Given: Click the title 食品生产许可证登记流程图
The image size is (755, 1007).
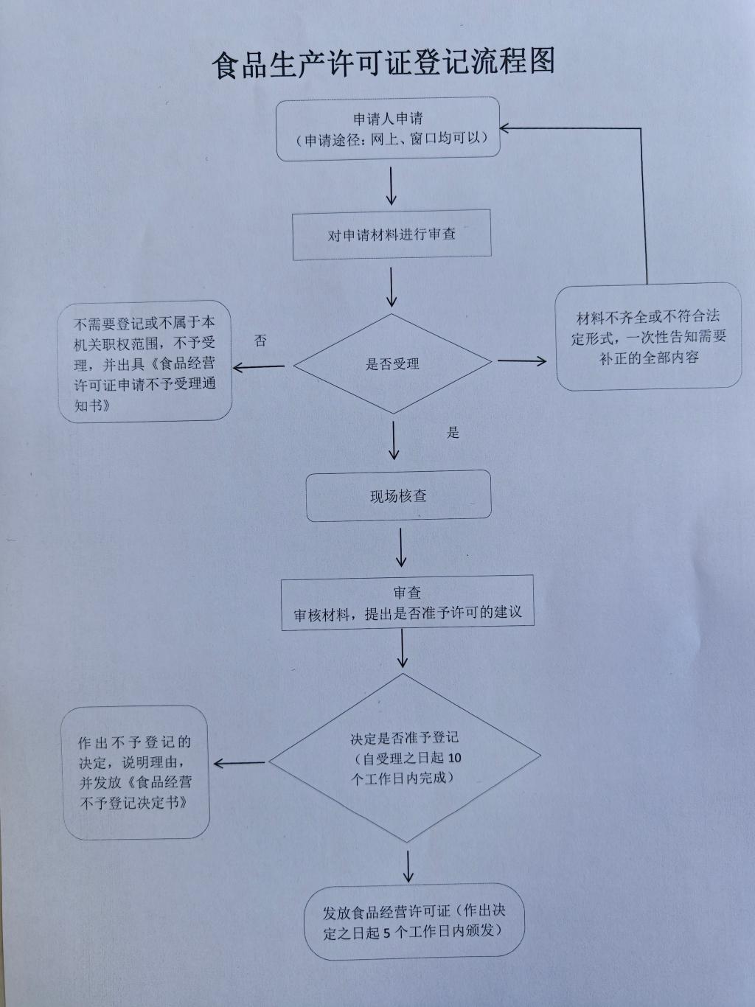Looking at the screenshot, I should (x=383, y=63).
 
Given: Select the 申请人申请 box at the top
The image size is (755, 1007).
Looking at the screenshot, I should (x=388, y=128).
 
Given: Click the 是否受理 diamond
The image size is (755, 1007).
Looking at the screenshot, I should (x=392, y=364).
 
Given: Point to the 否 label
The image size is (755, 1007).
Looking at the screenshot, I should (x=260, y=341).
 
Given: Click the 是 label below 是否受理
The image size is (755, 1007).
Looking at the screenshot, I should (x=453, y=433).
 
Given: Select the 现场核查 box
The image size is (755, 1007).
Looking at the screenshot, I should (x=398, y=496).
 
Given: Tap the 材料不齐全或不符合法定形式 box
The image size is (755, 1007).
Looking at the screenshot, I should (x=648, y=337).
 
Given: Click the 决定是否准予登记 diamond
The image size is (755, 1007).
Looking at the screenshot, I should (x=404, y=758).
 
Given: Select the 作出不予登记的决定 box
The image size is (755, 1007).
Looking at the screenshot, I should (x=136, y=772).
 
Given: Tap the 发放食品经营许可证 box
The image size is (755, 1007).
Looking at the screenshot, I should (x=414, y=921).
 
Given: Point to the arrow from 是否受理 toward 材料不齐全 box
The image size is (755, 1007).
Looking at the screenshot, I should (x=522, y=361).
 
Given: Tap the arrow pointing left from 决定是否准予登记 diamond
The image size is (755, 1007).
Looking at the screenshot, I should (x=239, y=764).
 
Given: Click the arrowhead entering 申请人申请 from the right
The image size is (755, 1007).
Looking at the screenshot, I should (x=507, y=128).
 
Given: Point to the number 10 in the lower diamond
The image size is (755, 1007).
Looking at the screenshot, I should (x=454, y=758).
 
